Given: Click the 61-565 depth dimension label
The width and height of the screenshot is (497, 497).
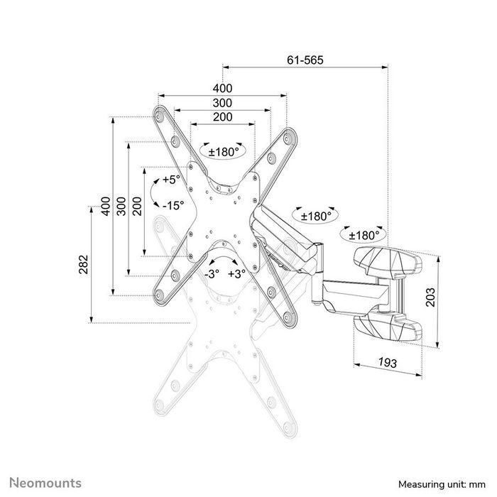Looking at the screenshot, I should pyautogui.click(x=305, y=60).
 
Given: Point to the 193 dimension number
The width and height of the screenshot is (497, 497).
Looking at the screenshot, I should pyautogui.click(x=387, y=362).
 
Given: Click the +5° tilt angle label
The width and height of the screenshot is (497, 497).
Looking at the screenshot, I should pyautogui.click(x=171, y=180).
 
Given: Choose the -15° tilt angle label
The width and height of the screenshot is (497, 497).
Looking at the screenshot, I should pyautogui.click(x=173, y=205).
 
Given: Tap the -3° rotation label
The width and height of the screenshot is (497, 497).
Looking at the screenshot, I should pyautogui.click(x=211, y=273).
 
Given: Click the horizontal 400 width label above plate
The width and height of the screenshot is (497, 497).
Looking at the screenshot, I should pyautogui.click(x=222, y=88).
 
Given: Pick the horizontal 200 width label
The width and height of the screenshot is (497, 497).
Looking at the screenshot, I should pyautogui.click(x=222, y=117).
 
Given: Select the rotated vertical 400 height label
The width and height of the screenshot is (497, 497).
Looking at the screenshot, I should pyautogui.click(x=106, y=206).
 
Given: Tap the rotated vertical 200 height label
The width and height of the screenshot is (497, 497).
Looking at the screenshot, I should pyautogui.click(x=136, y=206).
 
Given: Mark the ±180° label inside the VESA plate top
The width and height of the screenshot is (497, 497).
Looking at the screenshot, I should pyautogui.click(x=222, y=151).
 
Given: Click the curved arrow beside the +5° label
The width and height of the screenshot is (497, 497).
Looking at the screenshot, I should pyautogui.click(x=153, y=192).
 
